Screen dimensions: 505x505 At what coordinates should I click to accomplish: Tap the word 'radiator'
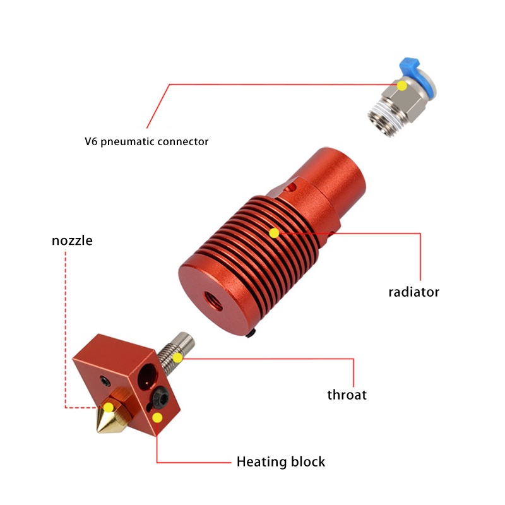(413, 292)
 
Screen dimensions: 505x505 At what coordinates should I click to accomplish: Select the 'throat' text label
(347, 395)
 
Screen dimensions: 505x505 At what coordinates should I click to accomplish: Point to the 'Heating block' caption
(280, 461)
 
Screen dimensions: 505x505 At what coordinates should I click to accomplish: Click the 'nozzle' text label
(72, 241)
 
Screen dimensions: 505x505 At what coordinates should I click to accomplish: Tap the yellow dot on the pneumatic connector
(402, 85)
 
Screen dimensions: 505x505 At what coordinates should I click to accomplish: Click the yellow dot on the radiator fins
(274, 233)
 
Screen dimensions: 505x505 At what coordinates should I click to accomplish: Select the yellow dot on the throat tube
(178, 358)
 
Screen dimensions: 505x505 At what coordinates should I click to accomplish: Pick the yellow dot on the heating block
(157, 417)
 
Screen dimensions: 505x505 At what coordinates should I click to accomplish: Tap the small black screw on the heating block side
(104, 379)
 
